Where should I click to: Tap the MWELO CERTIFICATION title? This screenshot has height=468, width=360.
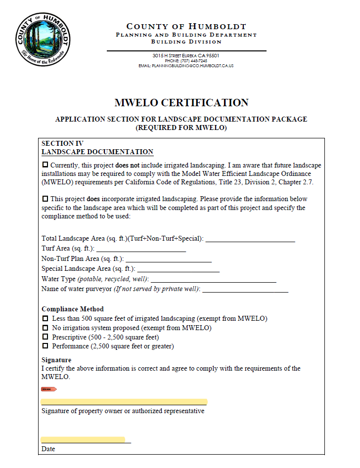click(x=181, y=103)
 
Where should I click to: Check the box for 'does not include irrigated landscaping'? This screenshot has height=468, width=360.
click(x=45, y=165)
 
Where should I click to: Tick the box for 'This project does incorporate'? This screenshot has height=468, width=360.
click(x=45, y=199)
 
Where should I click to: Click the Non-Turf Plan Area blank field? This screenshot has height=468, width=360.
click(x=169, y=260)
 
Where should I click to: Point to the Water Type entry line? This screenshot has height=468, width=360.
click(x=213, y=280)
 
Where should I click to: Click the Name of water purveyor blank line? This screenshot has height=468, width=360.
click(x=245, y=291)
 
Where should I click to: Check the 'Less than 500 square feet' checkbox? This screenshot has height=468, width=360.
click(x=45, y=319)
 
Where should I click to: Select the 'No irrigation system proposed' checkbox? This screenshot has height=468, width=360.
click(x=45, y=328)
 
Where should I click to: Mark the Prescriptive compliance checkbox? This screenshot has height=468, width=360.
click(x=45, y=337)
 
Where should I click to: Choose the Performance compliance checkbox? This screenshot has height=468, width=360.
click(x=45, y=346)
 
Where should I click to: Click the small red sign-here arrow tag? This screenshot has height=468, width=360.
click(x=49, y=389)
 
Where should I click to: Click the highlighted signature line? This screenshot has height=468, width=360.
click(x=124, y=402)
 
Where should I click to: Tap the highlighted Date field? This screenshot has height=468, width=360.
click(x=83, y=439)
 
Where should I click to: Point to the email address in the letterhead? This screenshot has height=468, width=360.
click(x=186, y=66)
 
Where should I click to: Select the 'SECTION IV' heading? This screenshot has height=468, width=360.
click(x=58, y=143)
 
